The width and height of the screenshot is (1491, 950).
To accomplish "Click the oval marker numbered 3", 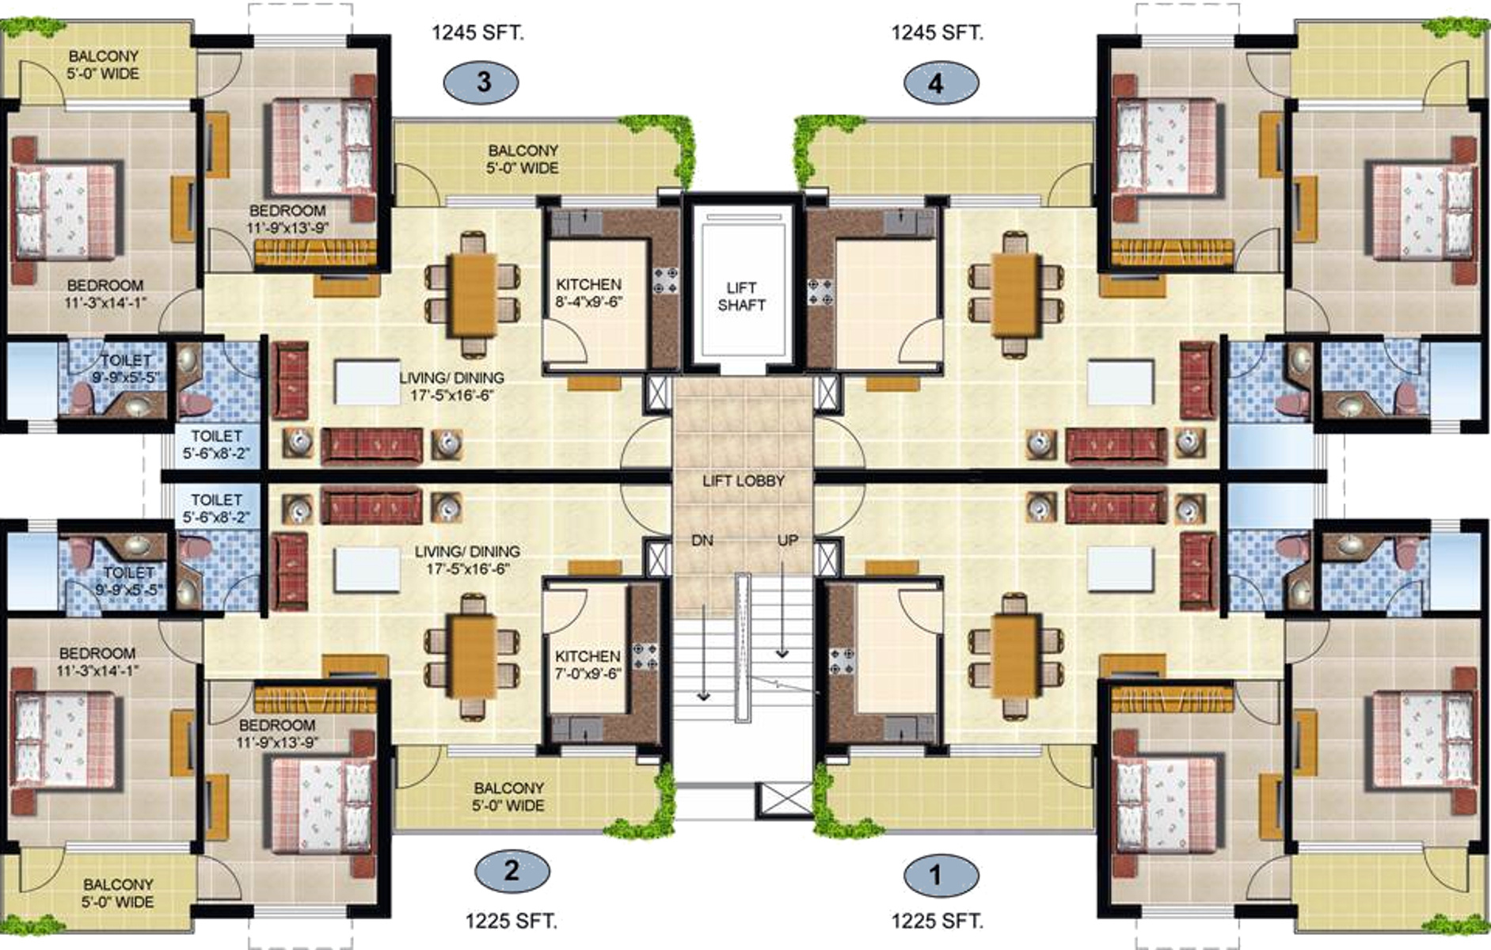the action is [x=481, y=82].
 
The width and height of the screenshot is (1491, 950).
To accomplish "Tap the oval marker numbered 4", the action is [x=941, y=82].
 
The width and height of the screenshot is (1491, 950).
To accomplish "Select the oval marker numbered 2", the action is [x=512, y=872].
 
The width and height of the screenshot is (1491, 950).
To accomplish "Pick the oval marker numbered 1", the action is [x=941, y=876].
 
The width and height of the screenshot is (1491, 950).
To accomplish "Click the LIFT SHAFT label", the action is [x=741, y=296].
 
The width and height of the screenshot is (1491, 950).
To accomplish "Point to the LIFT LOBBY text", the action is [x=744, y=481].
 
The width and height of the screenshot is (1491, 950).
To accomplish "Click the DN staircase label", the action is [x=702, y=541].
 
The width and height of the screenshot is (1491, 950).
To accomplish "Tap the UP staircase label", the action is [x=787, y=541].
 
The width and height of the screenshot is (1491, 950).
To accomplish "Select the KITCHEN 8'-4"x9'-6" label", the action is [x=588, y=293].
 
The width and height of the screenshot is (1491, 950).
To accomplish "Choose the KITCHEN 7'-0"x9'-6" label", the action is [x=588, y=665].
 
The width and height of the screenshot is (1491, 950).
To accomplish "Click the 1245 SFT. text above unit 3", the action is [x=477, y=32].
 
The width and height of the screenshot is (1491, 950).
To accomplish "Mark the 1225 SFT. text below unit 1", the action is [x=938, y=921].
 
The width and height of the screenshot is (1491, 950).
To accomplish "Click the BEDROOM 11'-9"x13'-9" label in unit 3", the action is [x=287, y=219].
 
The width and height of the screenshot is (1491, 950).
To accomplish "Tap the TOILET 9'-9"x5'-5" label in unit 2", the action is [x=129, y=581].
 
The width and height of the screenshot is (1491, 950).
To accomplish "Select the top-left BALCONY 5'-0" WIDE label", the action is [x=104, y=65].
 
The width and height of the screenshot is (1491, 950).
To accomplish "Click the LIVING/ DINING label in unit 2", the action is [x=467, y=560].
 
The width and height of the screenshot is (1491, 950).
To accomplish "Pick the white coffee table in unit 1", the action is [x=1120, y=569].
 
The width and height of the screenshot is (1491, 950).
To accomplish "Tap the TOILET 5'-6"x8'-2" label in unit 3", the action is [x=216, y=445].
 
